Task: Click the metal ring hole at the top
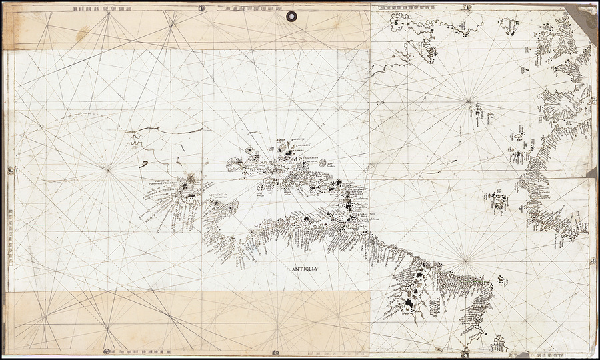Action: (291, 15)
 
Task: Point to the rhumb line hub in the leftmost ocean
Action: (108, 170)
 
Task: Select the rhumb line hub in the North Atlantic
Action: (469, 101)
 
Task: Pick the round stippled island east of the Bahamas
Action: (323, 162)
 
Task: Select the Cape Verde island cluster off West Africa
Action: (497, 199)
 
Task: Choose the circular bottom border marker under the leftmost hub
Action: (107, 351)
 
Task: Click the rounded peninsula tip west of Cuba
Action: (229, 209)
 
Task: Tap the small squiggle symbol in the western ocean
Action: (135, 139)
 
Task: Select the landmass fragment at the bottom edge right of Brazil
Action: (499, 346)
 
